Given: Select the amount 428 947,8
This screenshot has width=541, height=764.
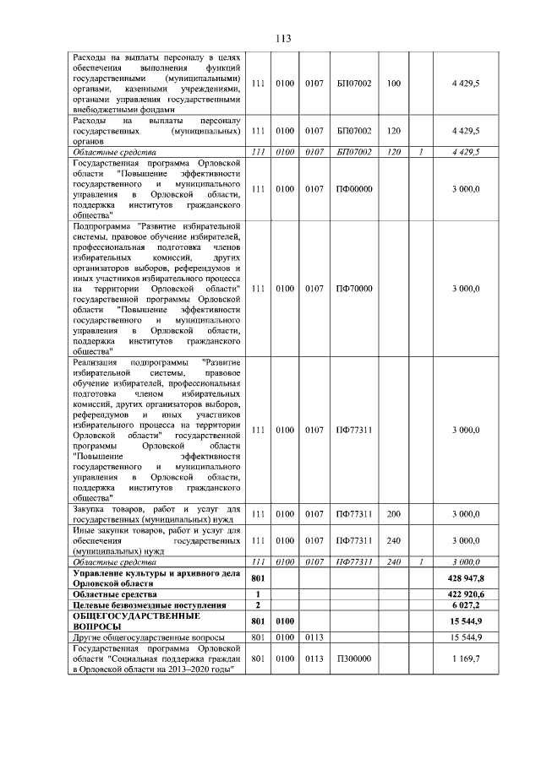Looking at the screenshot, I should tap(466, 578).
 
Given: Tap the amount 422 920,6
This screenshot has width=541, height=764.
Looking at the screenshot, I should tap(466, 594).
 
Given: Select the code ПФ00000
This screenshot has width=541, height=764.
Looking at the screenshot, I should tap(354, 190).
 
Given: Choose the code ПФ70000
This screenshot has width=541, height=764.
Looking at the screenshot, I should tap(354, 289).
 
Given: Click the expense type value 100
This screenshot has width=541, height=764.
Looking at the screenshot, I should tap(393, 83).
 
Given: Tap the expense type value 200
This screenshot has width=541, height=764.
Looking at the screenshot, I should tap(393, 513).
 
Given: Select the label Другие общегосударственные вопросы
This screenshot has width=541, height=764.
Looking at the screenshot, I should tap(148, 637).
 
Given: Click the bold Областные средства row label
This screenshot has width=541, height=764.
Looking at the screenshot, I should tap(109, 594).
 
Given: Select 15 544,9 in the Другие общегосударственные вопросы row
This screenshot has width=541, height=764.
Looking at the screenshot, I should tap(466, 637).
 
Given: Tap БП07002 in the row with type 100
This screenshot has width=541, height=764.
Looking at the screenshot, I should tap(354, 83).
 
